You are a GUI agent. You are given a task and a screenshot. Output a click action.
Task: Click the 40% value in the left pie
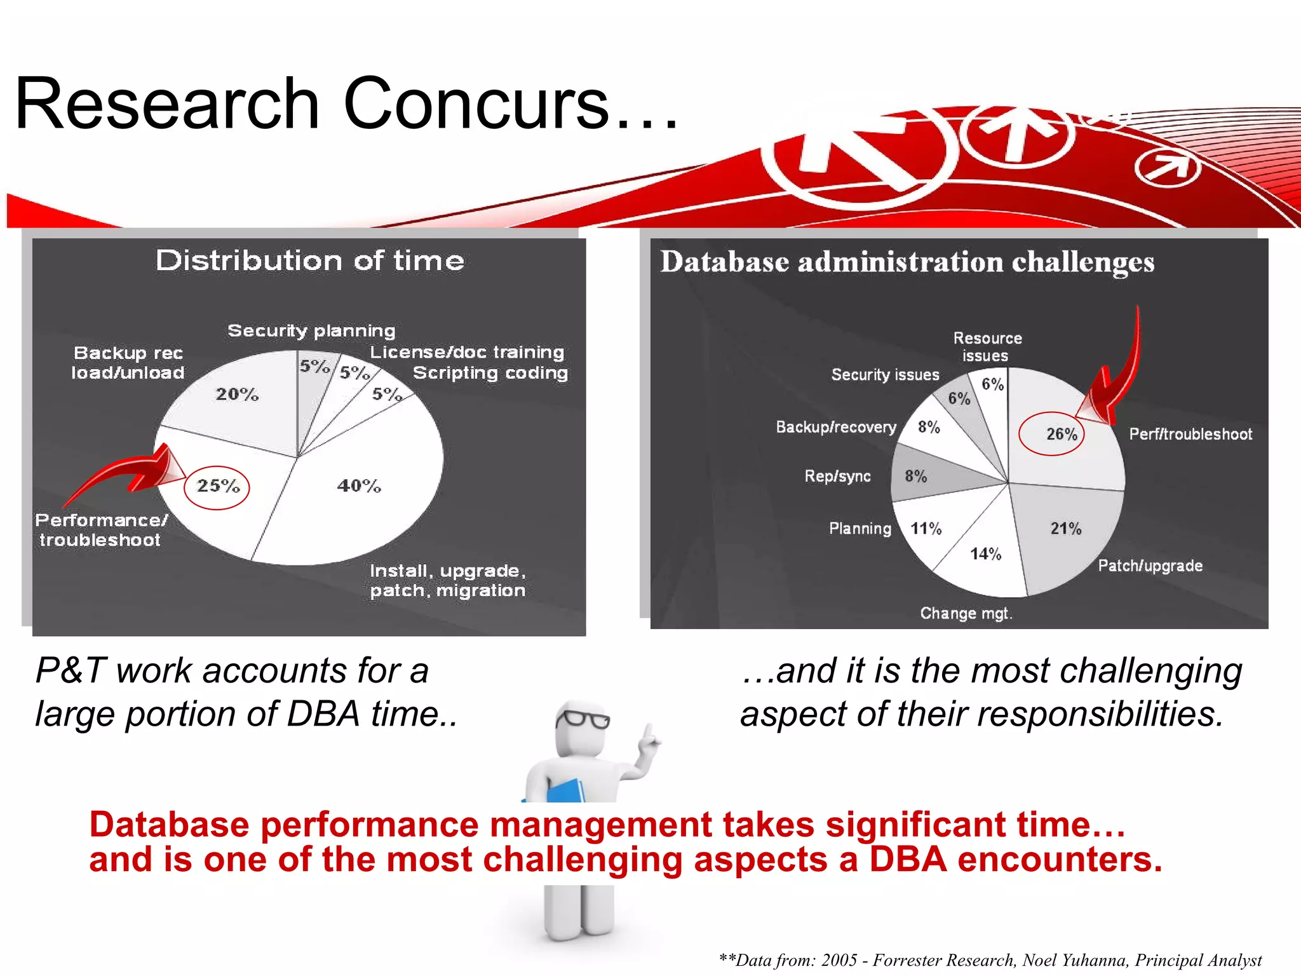pyautogui.click(x=359, y=486)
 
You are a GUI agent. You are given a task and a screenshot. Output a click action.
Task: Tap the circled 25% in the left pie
pyautogui.click(x=217, y=486)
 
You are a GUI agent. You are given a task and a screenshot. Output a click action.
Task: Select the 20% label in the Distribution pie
pyautogui.click(x=237, y=395)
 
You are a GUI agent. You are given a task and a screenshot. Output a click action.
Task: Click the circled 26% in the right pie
pyautogui.click(x=1061, y=434)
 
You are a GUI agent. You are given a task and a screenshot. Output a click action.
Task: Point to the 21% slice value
pyautogui.click(x=1065, y=528)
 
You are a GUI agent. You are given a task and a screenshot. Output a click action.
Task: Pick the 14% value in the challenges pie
pyautogui.click(x=985, y=554)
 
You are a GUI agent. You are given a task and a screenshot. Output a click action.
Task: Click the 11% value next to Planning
pyautogui.click(x=926, y=529)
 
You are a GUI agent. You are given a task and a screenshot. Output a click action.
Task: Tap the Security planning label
pyautogui.click(x=311, y=330)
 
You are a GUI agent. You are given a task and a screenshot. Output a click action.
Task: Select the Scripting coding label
pyautogui.click(x=490, y=372)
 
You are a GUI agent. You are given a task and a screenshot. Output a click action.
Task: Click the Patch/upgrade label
pyautogui.click(x=1150, y=566)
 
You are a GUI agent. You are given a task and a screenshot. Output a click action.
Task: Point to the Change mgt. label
pyautogui.click(x=966, y=613)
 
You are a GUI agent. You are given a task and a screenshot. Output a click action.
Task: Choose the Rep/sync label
pyautogui.click(x=837, y=476)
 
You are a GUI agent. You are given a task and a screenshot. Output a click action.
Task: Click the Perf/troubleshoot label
pyautogui.click(x=1190, y=434)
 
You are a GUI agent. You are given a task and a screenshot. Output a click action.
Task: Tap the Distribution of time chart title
pyautogui.click(x=310, y=261)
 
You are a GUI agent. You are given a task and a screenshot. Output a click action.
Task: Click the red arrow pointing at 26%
pyautogui.click(x=1118, y=375)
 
